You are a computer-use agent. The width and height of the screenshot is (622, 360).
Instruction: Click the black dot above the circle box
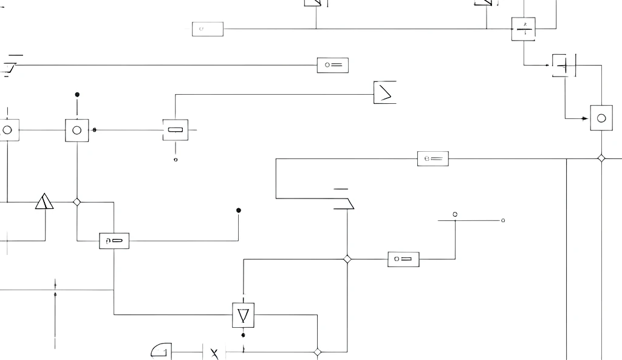77,95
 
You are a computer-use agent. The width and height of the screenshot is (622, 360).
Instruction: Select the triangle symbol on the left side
44,202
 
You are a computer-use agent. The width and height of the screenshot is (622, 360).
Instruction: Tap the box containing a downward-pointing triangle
243,315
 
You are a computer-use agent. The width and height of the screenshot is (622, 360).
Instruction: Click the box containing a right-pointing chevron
385,92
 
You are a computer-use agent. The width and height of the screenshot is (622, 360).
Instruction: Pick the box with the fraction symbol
524,29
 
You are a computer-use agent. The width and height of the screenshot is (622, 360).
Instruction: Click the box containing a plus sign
564,66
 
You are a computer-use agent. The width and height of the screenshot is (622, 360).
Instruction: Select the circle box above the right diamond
601,118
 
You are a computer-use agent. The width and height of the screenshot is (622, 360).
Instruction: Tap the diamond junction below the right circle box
601,158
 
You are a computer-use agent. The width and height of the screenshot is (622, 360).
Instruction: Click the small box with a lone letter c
208,29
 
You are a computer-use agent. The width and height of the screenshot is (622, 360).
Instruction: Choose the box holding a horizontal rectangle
176,130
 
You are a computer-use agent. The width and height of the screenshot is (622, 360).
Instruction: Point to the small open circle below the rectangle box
176,160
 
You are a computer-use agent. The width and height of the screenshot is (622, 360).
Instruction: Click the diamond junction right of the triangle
77,202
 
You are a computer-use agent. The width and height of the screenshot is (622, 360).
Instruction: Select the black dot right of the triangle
239,211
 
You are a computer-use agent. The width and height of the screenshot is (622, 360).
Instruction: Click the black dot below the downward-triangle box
243,335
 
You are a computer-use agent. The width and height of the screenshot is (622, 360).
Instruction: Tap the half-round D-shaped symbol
162,351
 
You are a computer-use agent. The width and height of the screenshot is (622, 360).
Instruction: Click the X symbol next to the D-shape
214,353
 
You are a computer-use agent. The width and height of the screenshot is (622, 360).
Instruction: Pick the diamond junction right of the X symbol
317,352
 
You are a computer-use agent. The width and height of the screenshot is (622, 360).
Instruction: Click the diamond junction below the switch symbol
347,259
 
